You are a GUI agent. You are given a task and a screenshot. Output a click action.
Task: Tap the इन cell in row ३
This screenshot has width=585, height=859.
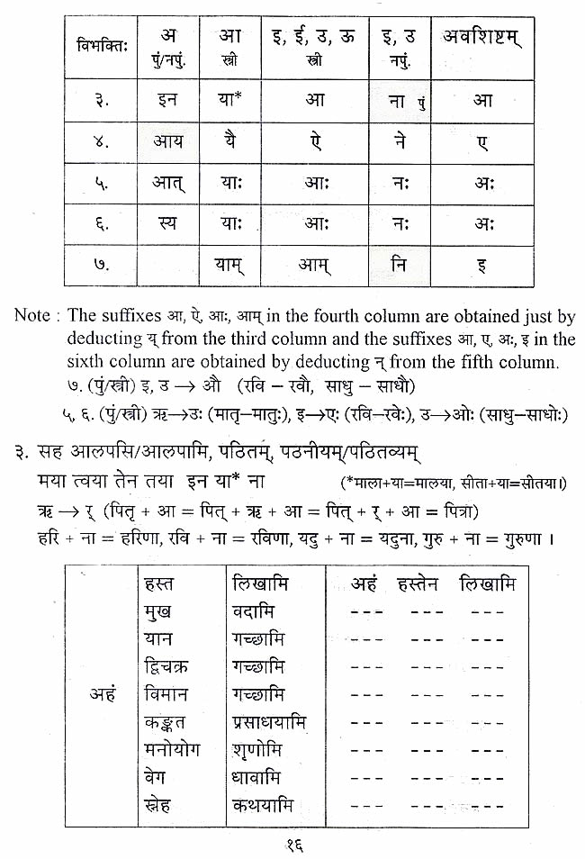point(166,100)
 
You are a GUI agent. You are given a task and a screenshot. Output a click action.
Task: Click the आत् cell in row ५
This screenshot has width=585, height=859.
point(166,183)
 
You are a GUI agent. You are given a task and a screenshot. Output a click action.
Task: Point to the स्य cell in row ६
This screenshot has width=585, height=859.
point(166,225)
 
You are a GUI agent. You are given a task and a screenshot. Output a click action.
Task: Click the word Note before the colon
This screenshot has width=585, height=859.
point(32,317)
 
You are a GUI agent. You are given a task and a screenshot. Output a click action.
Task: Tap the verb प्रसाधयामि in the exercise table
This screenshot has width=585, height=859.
point(268,723)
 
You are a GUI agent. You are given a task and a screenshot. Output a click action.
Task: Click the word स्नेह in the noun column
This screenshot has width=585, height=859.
point(161,805)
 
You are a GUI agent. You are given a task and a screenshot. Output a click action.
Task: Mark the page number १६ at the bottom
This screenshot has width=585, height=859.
point(293,844)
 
